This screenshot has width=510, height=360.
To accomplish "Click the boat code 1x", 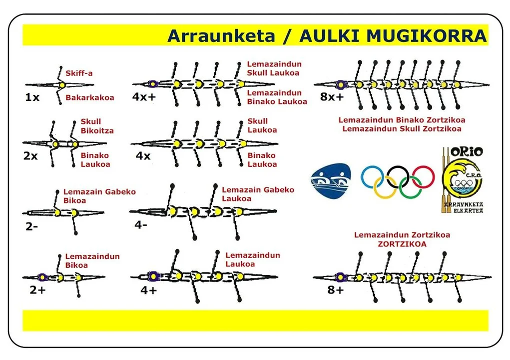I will click(32, 97).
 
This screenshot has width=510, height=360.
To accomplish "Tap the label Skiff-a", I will click(79, 73).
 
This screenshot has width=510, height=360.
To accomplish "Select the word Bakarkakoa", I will click(90, 97).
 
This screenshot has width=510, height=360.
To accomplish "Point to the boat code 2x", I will click(30, 156).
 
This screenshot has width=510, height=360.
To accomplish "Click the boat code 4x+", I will click(144, 97).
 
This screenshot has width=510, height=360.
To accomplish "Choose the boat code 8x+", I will click(332, 97).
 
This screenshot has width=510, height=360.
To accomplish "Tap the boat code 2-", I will click(32, 226).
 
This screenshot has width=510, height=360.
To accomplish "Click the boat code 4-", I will click(141, 225).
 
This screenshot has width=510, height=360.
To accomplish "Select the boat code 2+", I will click(37, 289).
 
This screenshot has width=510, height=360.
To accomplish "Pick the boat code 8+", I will click(335, 289).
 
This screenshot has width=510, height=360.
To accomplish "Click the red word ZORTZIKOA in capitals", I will click(402, 244).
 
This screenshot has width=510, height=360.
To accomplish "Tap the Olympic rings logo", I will click(398, 180).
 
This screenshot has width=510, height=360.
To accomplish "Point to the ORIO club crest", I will click(462, 179).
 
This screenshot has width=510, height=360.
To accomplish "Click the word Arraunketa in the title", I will click(221, 36).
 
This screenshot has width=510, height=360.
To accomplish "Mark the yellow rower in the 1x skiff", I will click(62, 85).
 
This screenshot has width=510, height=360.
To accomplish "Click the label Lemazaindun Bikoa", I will click(92, 261).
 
